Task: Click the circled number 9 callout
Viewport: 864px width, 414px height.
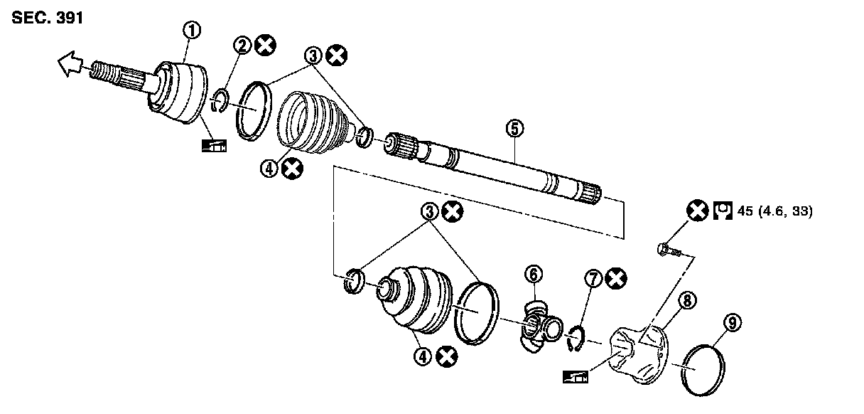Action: point(732,324)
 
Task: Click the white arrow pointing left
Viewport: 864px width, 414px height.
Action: point(70,67)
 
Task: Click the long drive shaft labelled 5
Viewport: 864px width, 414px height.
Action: point(497,166)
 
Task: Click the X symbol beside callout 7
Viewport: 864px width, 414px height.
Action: point(617,279)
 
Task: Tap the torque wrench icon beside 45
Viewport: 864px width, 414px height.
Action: point(723,211)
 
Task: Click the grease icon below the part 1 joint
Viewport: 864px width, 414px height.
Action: point(213,147)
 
